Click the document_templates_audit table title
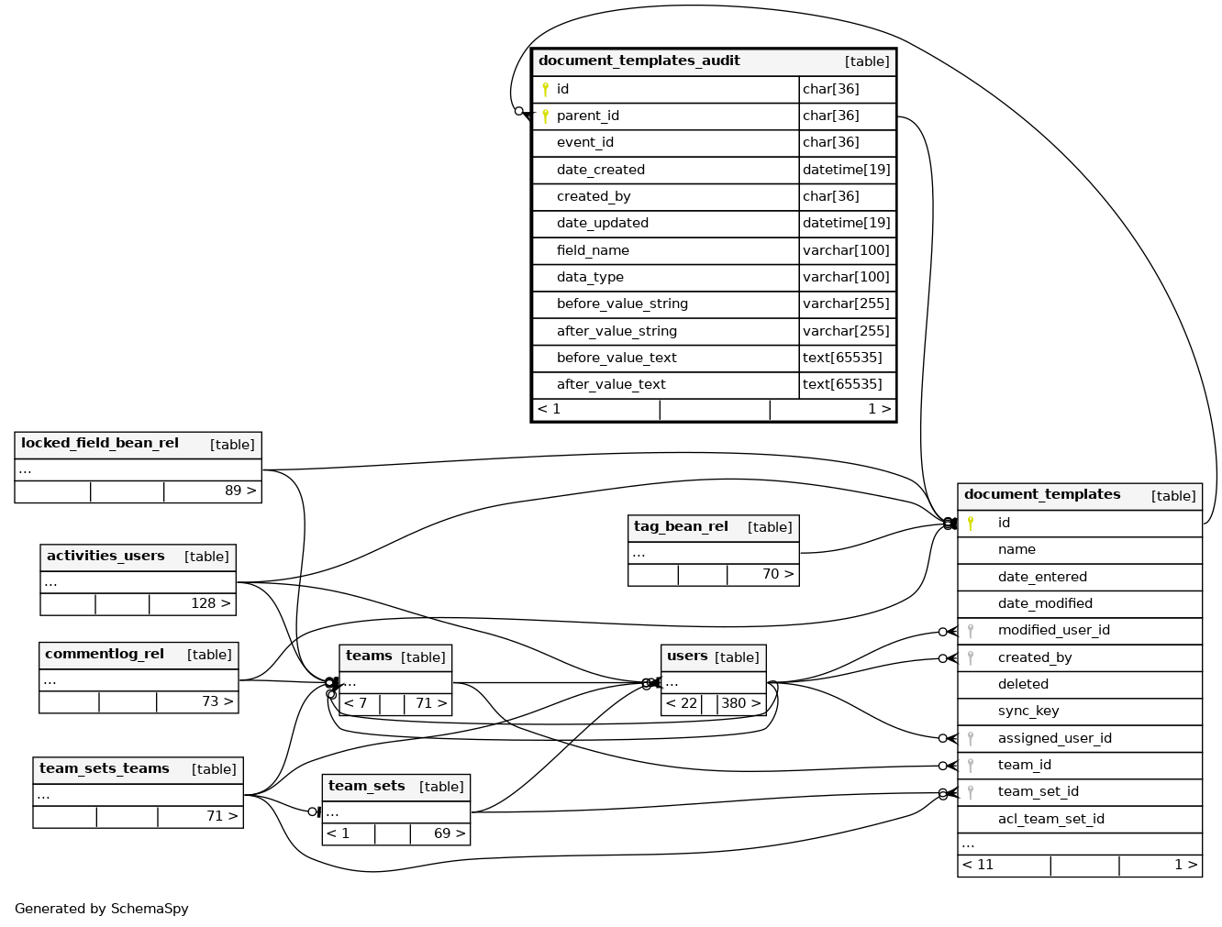(639, 61)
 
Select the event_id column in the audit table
(585, 143)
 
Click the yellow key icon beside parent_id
(545, 116)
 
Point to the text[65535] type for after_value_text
(842, 385)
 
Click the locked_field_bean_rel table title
(100, 444)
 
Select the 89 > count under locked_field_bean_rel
(240, 491)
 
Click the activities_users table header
(106, 557)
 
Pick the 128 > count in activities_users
(211, 604)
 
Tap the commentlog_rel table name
(105, 655)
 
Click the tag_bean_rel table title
(681, 527)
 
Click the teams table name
(369, 657)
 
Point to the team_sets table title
(367, 787)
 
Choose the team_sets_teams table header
(105, 769)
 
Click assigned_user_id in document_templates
(1054, 739)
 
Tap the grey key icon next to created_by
(971, 658)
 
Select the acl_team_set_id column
(1050, 820)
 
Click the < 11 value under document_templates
(978, 866)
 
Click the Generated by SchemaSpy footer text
(102, 910)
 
